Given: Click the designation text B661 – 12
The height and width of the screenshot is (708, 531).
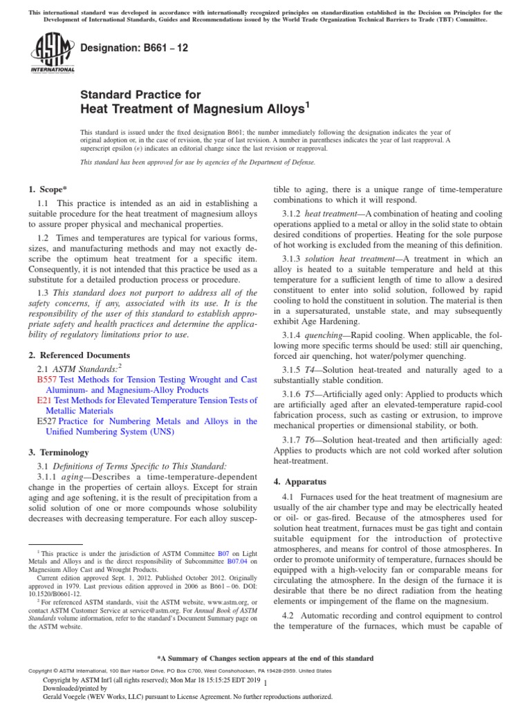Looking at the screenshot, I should tap(115, 48).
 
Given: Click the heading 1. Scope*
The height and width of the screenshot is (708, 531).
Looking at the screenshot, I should tap(48, 189).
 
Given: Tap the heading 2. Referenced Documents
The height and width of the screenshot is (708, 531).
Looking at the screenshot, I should tap(79, 355).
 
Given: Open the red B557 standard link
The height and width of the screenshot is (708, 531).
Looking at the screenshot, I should tap(46, 380).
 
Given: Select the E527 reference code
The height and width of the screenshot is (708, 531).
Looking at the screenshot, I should tap(46, 421).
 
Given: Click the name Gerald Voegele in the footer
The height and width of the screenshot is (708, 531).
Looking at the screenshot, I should tap(67, 698).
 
